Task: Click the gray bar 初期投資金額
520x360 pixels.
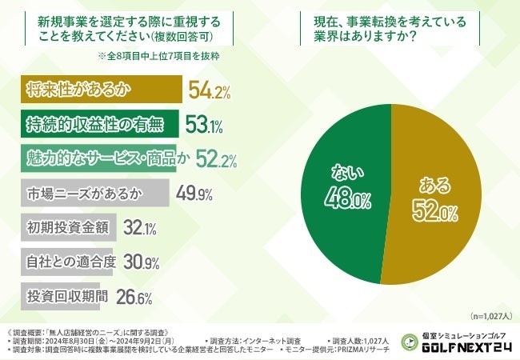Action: coord(67,227)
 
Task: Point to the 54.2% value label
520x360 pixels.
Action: coord(210,90)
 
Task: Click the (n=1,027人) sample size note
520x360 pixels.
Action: coord(491,315)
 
